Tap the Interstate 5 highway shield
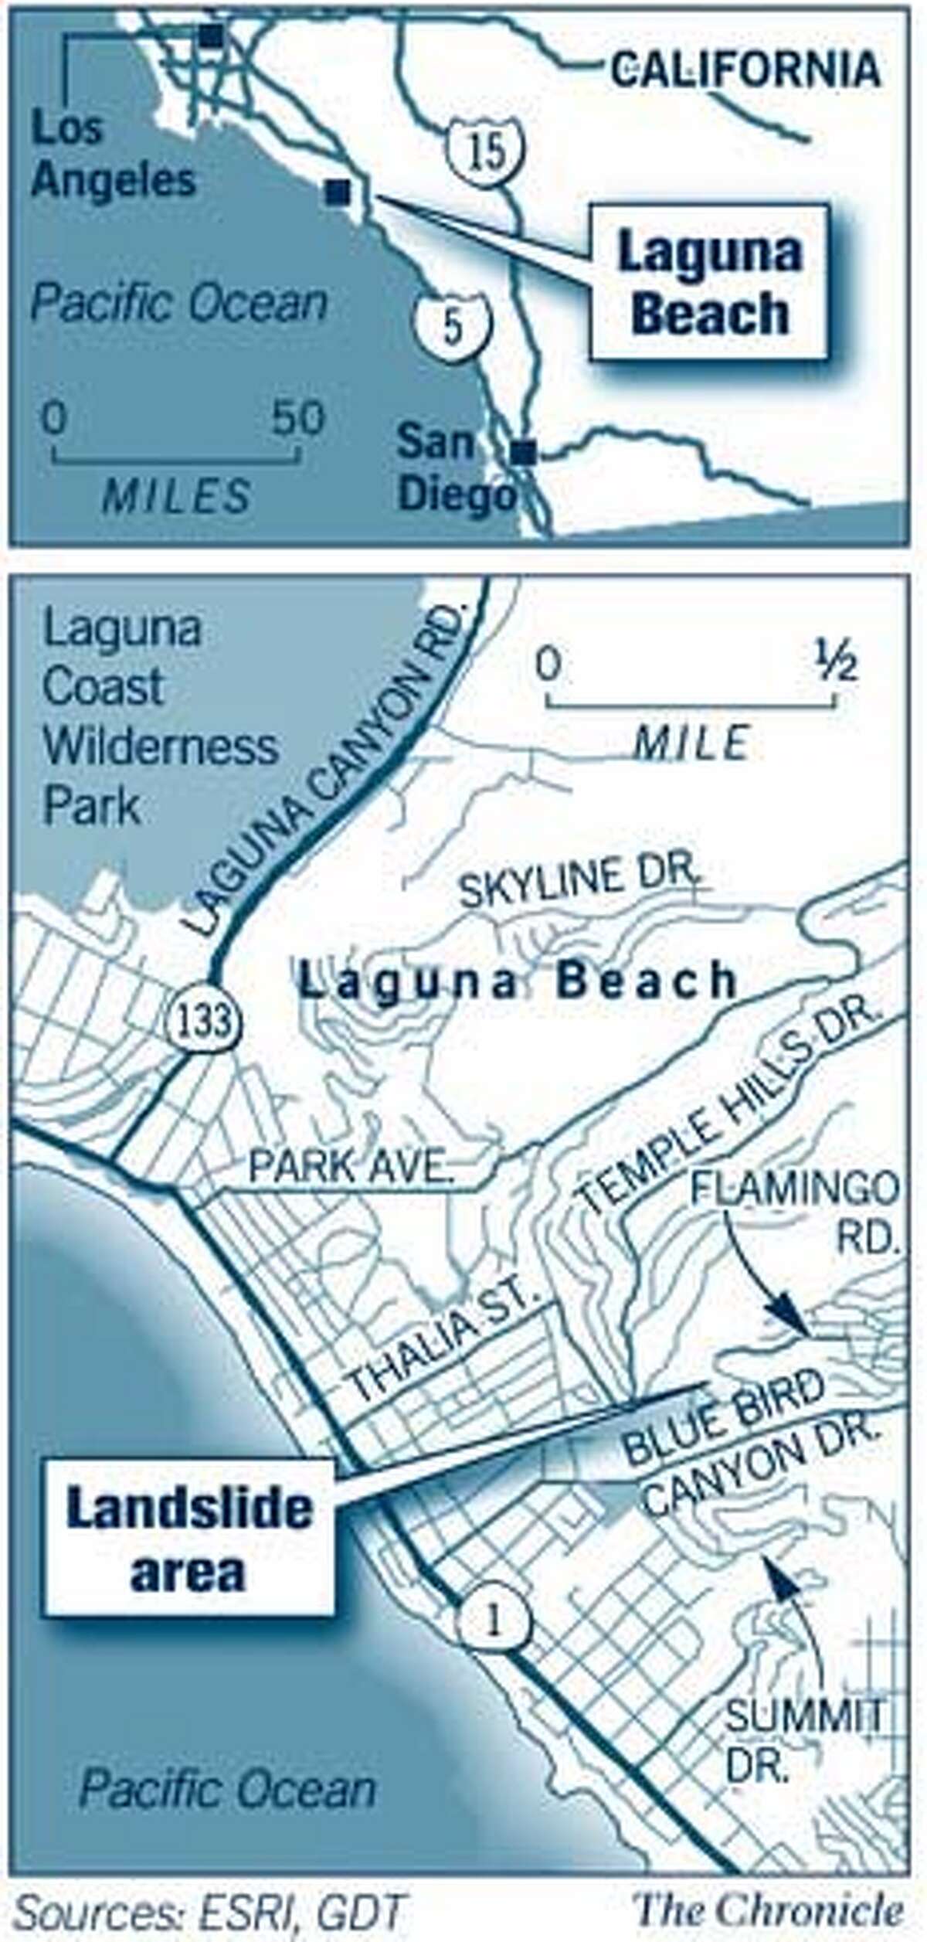(x=453, y=325)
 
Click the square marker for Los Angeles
(x=211, y=36)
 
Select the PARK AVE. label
(x=351, y=1166)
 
